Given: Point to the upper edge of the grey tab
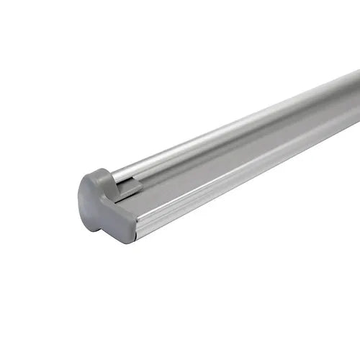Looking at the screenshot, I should tap(128, 184).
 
